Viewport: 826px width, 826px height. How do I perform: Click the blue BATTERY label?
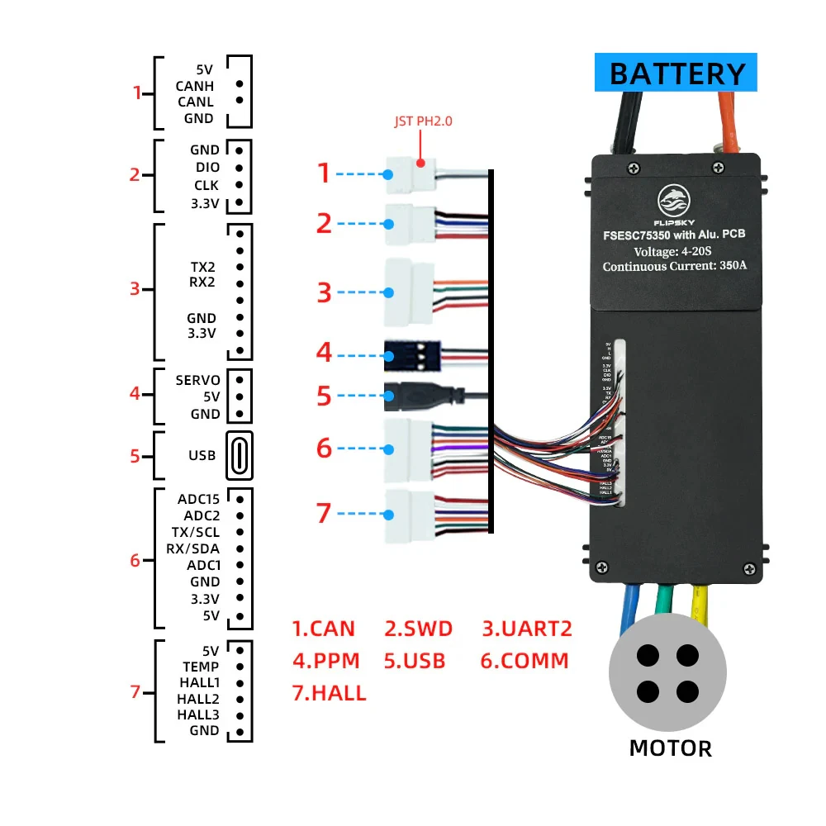point(676,73)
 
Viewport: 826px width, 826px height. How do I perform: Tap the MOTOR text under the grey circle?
point(670,748)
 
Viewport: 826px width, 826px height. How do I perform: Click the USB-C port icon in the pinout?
point(239,455)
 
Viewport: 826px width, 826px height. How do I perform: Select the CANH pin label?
point(195,85)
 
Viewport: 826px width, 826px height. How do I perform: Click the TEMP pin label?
point(201,667)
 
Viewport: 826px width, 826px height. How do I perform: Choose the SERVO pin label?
point(198,380)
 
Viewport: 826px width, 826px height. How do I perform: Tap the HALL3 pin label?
point(198,714)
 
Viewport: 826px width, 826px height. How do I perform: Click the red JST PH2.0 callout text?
point(423,121)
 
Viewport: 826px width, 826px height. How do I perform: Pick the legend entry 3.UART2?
point(527,629)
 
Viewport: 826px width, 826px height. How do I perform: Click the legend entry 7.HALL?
point(329,693)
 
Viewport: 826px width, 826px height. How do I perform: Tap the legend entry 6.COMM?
point(525,661)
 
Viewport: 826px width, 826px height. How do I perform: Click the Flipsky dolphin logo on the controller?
point(673,199)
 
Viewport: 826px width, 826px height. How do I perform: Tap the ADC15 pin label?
point(198,498)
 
